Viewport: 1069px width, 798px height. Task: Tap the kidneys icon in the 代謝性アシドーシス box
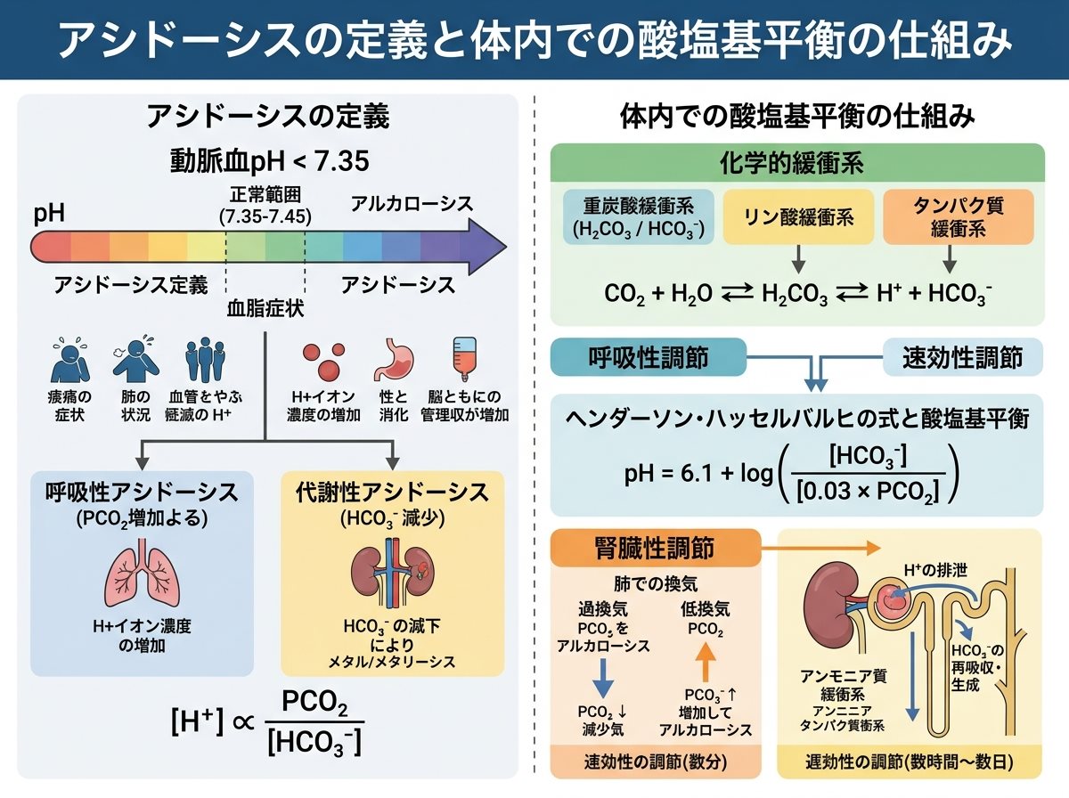393,572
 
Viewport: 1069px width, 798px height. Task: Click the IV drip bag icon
465,359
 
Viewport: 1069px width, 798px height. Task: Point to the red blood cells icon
324,361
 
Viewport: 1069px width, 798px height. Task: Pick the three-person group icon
206,360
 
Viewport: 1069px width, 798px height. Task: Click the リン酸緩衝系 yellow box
798,217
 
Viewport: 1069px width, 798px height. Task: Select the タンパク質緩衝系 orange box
958,217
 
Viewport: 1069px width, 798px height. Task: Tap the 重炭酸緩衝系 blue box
639,217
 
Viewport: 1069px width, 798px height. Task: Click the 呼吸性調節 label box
649,357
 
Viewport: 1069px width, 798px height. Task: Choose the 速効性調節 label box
963,357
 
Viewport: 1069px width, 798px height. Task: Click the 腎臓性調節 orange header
656,549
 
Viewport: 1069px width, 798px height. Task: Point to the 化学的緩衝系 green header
797,163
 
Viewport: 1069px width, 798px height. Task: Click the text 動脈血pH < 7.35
269,161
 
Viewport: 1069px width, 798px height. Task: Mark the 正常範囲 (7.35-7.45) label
265,206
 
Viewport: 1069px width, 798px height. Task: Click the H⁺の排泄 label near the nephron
935,570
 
